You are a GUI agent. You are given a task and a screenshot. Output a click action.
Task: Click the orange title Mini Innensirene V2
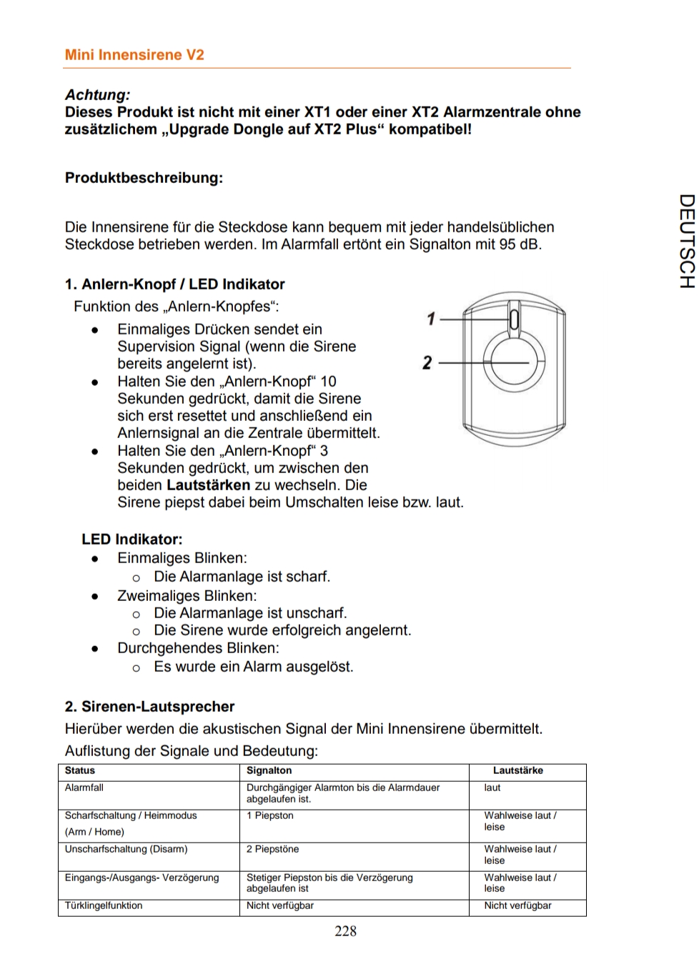[x=134, y=55]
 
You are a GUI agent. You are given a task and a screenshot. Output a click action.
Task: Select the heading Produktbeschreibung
[x=144, y=177]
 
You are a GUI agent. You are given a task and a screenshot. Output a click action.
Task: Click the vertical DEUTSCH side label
[x=685, y=241]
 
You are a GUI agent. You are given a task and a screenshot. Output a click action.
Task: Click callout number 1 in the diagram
[x=430, y=319]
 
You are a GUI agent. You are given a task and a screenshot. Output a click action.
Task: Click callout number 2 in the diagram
[x=427, y=363]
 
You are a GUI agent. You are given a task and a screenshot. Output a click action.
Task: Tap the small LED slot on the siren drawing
[x=513, y=319]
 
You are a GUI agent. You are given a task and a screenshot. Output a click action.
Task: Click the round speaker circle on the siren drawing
[x=512, y=362]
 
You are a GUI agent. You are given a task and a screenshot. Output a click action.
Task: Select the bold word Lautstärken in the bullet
[x=208, y=484]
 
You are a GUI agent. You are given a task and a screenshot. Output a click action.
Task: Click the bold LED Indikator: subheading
[x=132, y=539]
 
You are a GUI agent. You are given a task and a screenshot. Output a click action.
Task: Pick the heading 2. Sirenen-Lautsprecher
[x=149, y=706]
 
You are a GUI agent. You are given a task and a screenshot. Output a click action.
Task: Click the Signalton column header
[x=269, y=770]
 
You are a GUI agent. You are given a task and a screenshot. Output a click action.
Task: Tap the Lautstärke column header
[x=517, y=770]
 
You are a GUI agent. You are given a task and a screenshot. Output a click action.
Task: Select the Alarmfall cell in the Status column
[x=84, y=787]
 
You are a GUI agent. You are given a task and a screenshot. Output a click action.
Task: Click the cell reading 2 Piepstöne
[x=272, y=849]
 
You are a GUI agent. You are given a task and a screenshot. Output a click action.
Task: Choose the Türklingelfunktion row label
[x=104, y=905]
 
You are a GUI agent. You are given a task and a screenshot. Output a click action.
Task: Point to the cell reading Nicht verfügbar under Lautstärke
[x=517, y=905]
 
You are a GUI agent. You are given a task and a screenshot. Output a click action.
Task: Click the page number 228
[x=345, y=930]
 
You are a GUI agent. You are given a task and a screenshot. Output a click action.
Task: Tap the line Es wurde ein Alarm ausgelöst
[x=254, y=667]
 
